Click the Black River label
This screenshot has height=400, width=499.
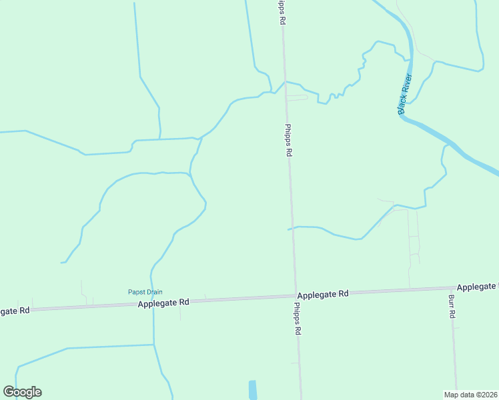pos(406,94)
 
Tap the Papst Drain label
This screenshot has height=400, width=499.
pos(145,292)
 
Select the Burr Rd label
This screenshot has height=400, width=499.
pos(452,305)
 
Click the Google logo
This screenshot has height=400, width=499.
pos(22,392)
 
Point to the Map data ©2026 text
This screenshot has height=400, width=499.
pos(470,395)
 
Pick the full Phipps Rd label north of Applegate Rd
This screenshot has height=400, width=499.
pos(289,140)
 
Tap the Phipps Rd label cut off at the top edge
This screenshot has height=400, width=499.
pos(282,12)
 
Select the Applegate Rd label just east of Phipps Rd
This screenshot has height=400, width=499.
pos(324,294)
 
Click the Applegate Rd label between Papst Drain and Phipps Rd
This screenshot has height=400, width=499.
pos(164,303)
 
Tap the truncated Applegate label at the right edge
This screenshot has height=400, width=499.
pos(477,287)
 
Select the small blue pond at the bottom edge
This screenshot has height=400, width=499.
pos(253,390)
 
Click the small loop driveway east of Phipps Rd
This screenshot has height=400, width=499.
pos(297,97)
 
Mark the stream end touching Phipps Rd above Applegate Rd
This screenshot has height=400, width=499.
pos(289,229)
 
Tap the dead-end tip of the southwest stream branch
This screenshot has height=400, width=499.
pos(62,263)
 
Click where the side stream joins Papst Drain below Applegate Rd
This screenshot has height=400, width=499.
pos(154,345)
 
